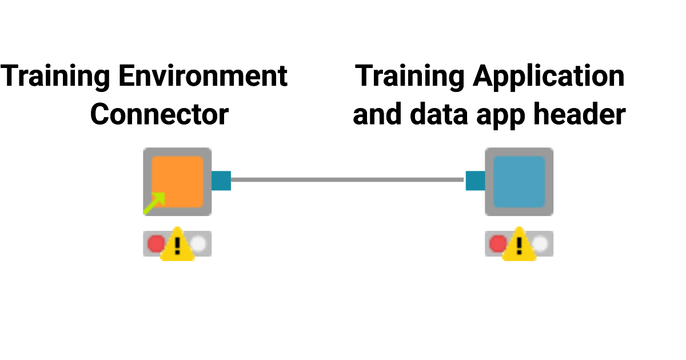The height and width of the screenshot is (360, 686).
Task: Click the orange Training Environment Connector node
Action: (x=177, y=181)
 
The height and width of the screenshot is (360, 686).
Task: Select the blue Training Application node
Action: (x=519, y=181)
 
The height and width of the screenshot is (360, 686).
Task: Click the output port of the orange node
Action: (x=221, y=181)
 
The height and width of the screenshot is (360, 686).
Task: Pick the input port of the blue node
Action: (x=475, y=181)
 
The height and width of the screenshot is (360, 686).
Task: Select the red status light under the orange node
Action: (x=155, y=244)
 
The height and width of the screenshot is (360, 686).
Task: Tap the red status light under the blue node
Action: (x=497, y=244)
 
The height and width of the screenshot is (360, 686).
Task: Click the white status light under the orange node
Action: (x=198, y=244)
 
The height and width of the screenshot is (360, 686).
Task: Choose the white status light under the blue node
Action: (x=540, y=244)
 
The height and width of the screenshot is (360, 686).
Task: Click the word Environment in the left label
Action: (x=203, y=77)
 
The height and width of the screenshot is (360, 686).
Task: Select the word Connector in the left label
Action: (x=159, y=114)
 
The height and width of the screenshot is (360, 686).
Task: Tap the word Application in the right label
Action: (x=549, y=77)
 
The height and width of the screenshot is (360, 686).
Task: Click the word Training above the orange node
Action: (x=56, y=77)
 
